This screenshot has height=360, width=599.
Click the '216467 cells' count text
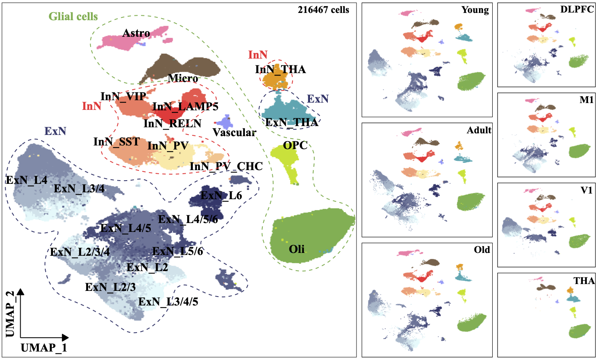coord(323,10)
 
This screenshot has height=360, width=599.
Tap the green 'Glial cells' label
coord(73,17)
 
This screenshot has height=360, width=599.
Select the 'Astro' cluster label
coord(136,33)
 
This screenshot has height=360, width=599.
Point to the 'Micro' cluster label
coord(183,78)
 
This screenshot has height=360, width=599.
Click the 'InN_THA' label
coord(281,69)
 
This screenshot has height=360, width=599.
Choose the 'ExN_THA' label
coord(291,122)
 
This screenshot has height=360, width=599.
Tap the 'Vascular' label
coord(234,133)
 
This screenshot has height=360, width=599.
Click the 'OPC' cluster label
coord(295,145)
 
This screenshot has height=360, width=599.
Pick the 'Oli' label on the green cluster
coord(297,249)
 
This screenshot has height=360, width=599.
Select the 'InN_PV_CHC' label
coord(226,166)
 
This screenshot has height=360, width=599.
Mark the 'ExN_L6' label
coord(221,196)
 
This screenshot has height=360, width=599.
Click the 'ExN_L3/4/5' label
coord(168,302)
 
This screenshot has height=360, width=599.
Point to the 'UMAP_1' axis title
coord(44,347)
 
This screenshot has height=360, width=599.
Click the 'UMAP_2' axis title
coord(10,313)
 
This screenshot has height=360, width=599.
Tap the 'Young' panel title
coord(475,10)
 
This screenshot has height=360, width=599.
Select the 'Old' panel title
coord(482,250)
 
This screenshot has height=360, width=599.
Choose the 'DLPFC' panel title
coord(577,9)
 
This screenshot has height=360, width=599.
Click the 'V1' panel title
coord(586,190)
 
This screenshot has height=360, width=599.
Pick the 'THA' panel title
coord(584,280)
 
